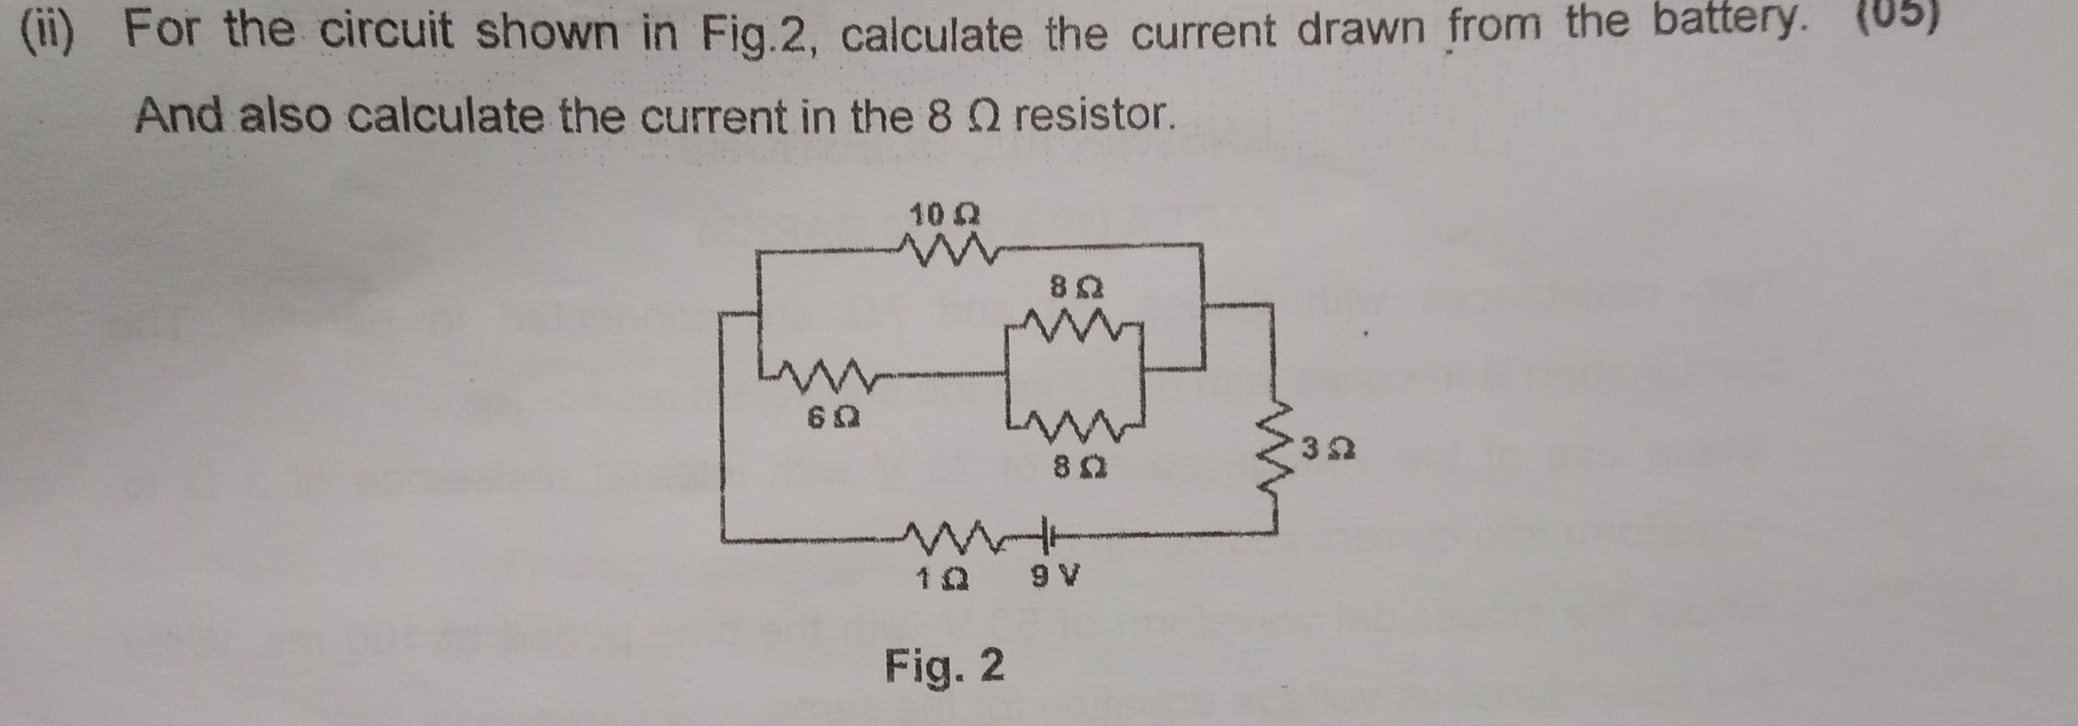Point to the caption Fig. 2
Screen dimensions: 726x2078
click(944, 667)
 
